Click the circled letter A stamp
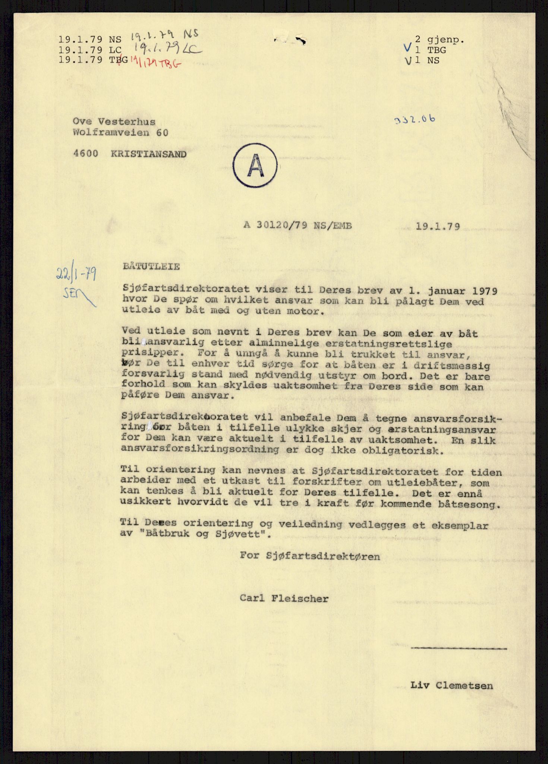coord(255,166)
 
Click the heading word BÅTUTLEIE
coord(151,267)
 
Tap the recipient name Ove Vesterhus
coord(114,122)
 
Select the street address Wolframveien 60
coord(120,132)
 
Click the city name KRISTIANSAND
coord(149,154)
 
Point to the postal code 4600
coord(86,154)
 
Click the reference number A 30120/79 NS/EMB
coord(297,225)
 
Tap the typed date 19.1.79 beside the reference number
coord(438,226)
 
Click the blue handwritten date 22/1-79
coord(76,275)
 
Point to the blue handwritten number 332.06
coord(414,120)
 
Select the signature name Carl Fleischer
coord(284,599)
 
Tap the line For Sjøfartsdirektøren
coord(310,556)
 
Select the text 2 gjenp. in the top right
coord(440,40)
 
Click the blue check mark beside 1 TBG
coord(408,48)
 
